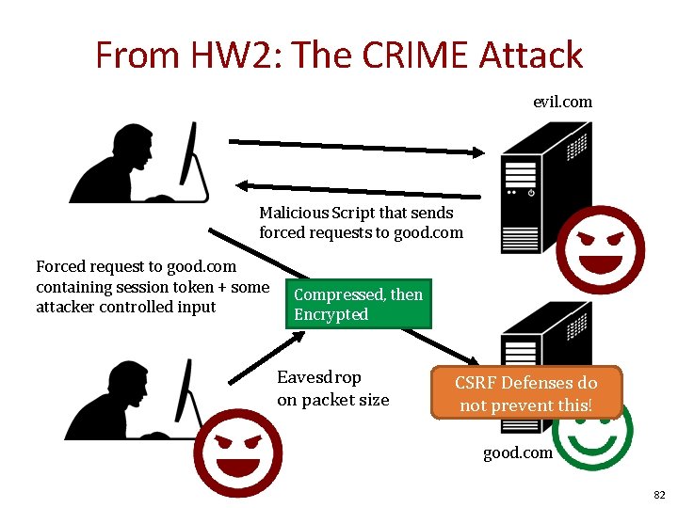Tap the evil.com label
tap(562, 102)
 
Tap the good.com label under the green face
tap(517, 453)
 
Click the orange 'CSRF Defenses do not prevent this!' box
tap(525, 393)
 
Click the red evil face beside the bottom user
tap(239, 453)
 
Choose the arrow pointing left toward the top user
tap(358, 188)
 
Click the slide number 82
tap(658, 495)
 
